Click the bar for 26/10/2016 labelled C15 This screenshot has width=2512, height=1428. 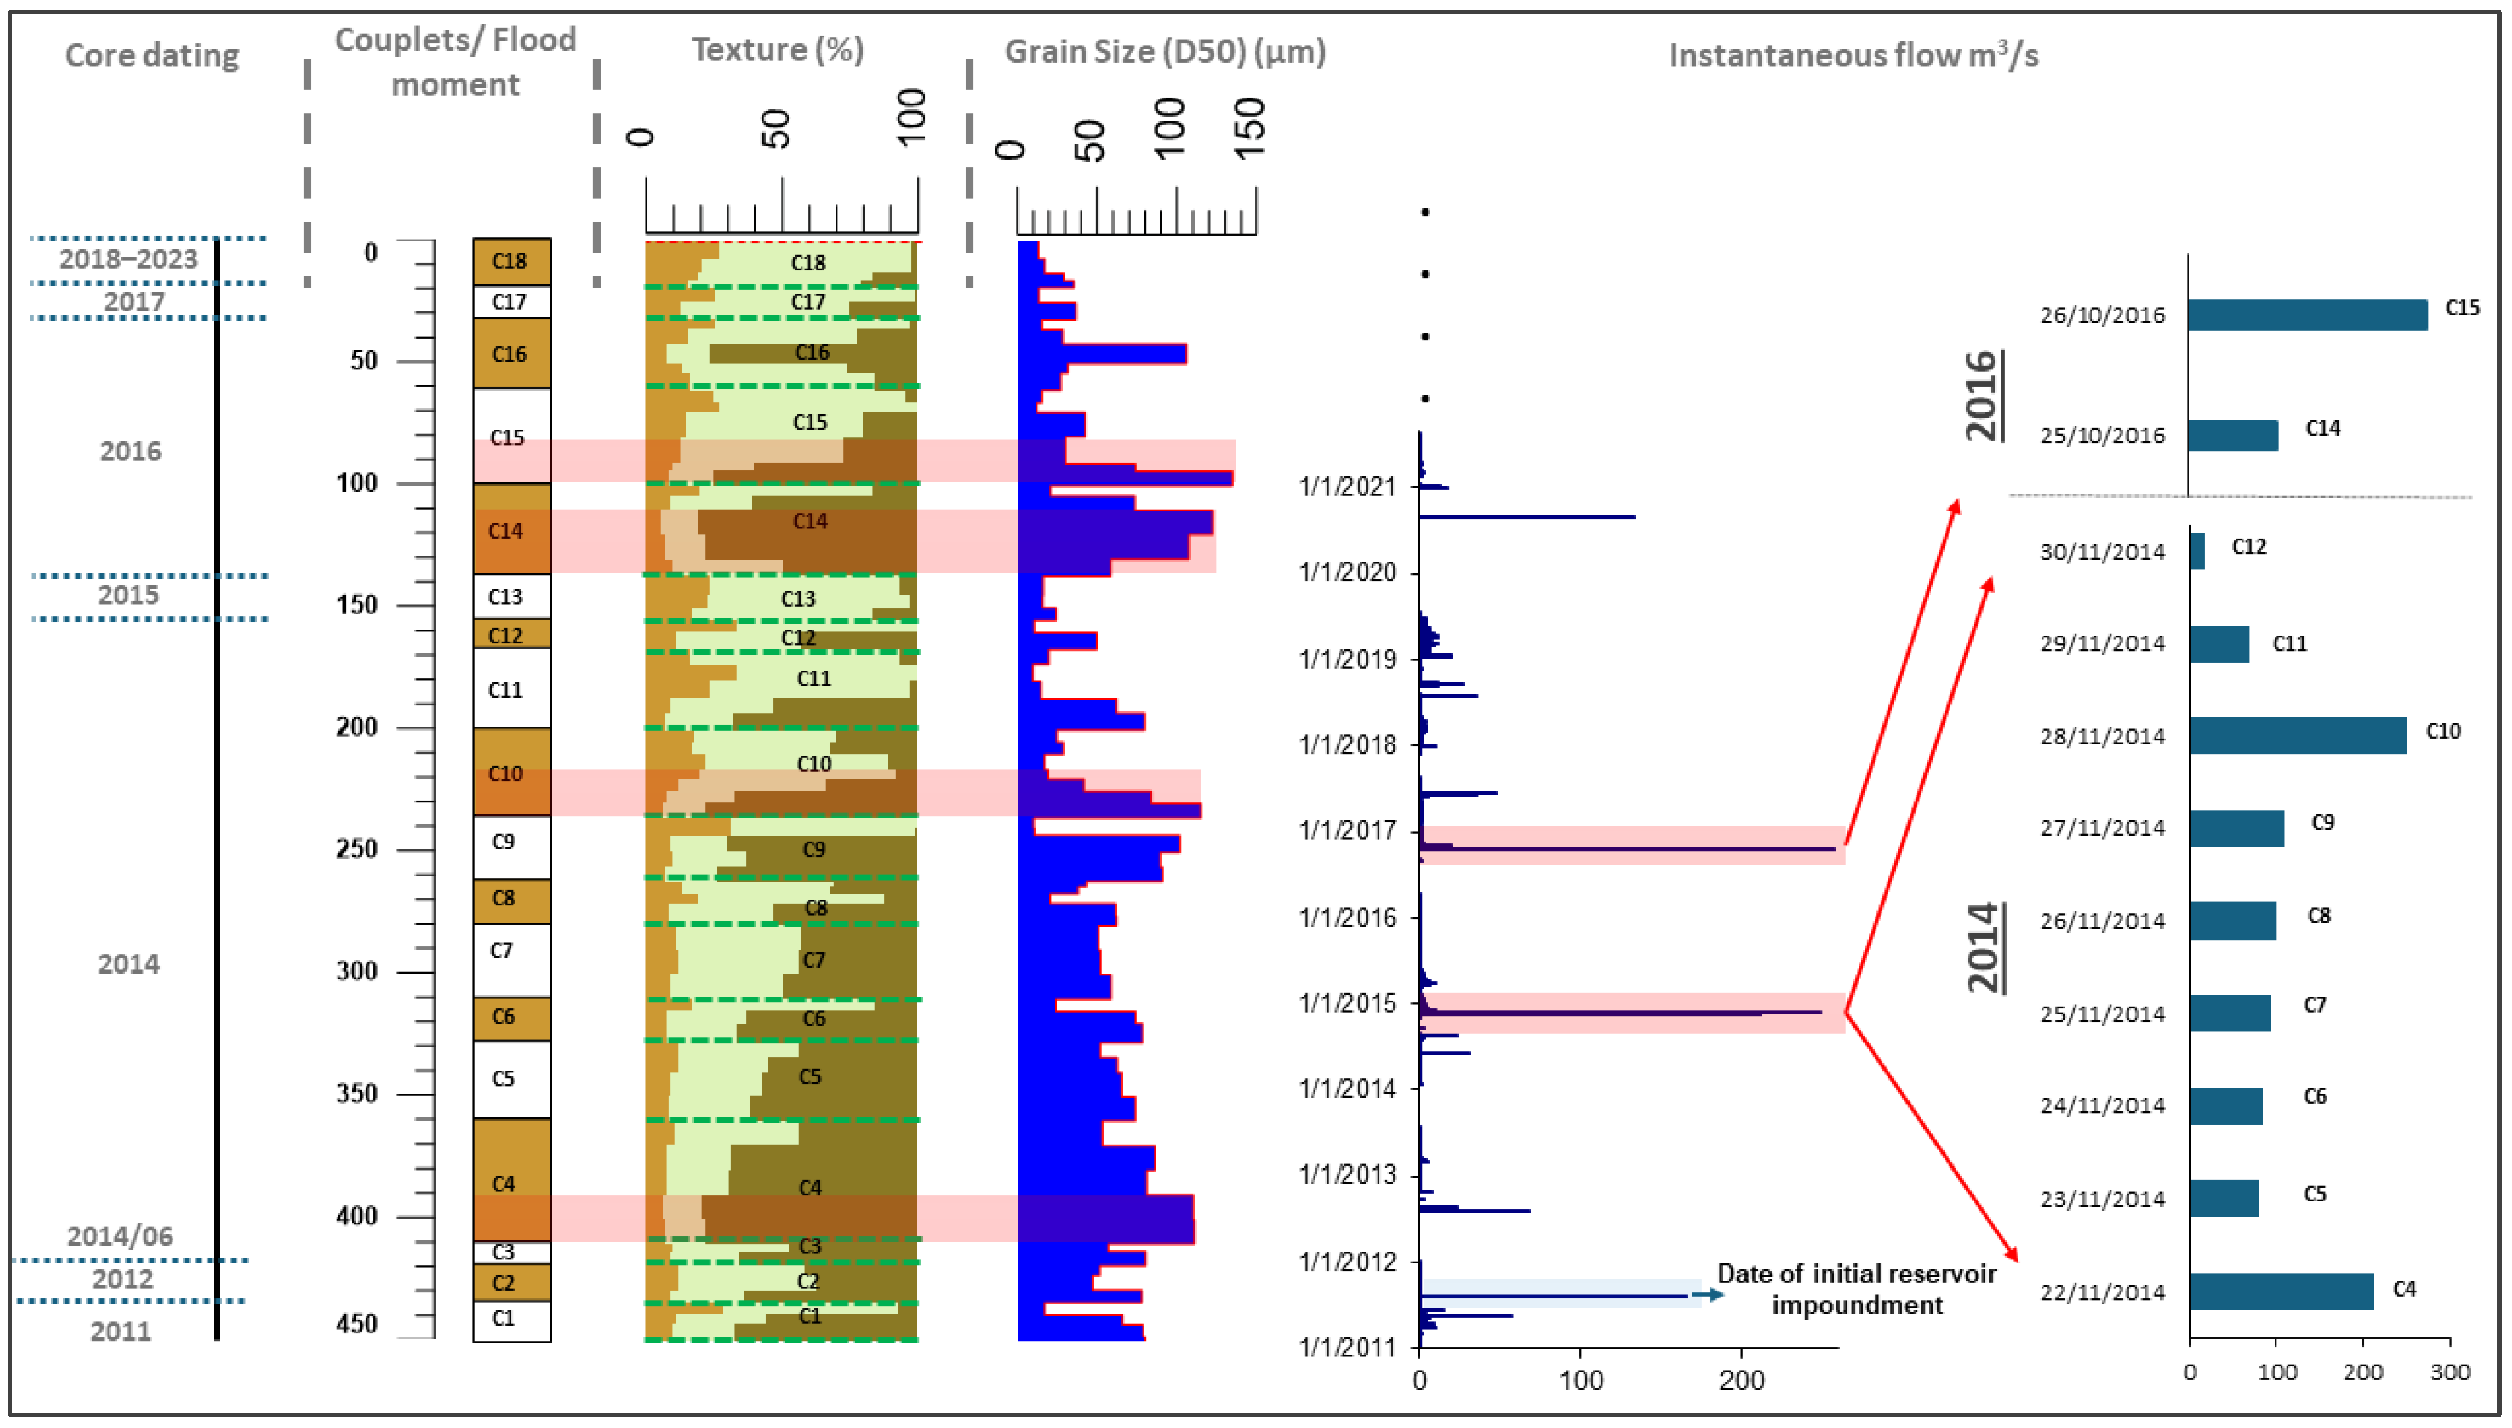coord(2306,315)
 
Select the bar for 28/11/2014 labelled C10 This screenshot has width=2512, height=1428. coord(2297,736)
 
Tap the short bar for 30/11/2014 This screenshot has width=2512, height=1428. coord(2197,551)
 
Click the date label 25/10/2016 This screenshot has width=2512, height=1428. coord(2102,436)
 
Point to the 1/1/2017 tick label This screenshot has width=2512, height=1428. coord(1346,831)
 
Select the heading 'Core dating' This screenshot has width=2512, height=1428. coord(152,56)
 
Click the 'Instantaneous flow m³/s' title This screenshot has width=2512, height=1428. coord(1853,56)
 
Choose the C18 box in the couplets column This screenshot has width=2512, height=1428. coord(511,262)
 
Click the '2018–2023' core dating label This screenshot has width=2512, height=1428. coord(128,260)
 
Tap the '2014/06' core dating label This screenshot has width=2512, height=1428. coord(120,1236)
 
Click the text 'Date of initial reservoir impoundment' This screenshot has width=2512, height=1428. coord(1856,1289)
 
